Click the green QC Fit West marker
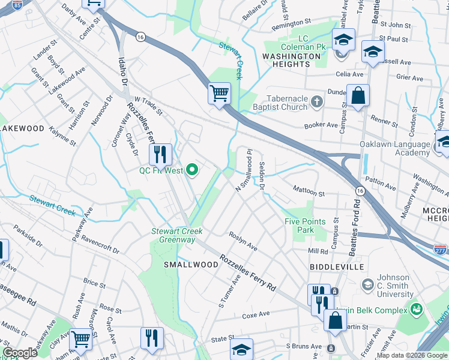point(192,170)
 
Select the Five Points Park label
point(306,226)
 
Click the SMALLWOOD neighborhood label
point(191,265)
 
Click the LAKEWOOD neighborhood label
point(22,128)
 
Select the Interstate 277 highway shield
point(440,247)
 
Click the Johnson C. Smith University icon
point(366,283)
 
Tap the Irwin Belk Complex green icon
point(416,310)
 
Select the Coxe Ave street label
point(256,315)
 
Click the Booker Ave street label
point(321,125)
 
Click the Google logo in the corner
point(20,353)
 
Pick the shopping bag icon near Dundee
point(358,96)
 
